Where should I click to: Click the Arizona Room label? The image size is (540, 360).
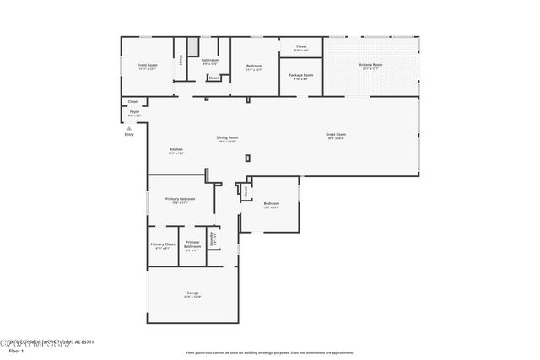point(371,66)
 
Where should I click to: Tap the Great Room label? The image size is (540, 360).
point(336,135)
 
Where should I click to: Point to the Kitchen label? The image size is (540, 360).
point(175,150)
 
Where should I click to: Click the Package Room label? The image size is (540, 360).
point(301,77)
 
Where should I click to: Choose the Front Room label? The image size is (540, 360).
point(148,66)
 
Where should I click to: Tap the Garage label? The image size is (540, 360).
point(193,294)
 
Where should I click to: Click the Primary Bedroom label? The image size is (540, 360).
point(180,200)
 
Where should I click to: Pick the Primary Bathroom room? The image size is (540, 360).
point(192,246)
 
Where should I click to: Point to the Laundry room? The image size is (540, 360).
point(214,239)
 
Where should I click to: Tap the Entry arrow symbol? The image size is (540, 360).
point(129,128)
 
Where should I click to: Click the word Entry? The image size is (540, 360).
point(129,134)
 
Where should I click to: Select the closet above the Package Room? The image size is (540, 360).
point(301,48)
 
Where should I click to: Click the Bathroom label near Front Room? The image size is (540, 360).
point(210,61)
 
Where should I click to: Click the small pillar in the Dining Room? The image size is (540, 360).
point(247,158)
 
